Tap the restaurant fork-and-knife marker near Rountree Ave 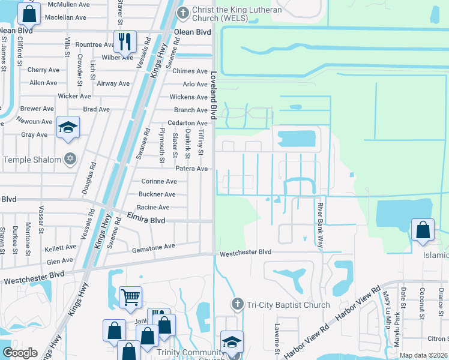coord(125,41)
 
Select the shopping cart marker coord(130,296)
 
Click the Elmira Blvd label coord(146,220)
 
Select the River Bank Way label coord(319,225)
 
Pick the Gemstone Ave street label coord(153,246)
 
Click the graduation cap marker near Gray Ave coord(68,128)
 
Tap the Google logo coord(20,353)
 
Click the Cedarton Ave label coord(187,123)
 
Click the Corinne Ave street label coord(158,181)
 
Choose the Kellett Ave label coord(61,247)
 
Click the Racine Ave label coord(154,208)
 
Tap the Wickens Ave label coord(188,97)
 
